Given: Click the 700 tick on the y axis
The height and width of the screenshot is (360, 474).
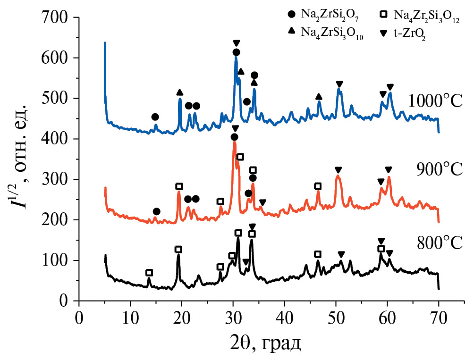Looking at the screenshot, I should pos(56,18).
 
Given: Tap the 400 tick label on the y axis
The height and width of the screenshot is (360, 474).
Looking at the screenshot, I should pos(56,139).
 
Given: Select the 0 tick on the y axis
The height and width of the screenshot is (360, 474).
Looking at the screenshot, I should pos(65,301).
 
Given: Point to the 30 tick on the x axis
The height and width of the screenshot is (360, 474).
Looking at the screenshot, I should pos(233,317).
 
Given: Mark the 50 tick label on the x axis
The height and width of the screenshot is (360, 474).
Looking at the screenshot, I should pos(336,317).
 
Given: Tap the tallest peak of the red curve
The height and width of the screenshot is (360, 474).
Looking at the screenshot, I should pos(234,142).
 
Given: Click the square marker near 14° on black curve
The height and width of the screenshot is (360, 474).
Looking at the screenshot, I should pos(149,273).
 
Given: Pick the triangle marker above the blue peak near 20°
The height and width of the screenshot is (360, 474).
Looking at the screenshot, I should pos(179,92).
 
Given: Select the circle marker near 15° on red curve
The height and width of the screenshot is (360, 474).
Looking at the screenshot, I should pos(157,211).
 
